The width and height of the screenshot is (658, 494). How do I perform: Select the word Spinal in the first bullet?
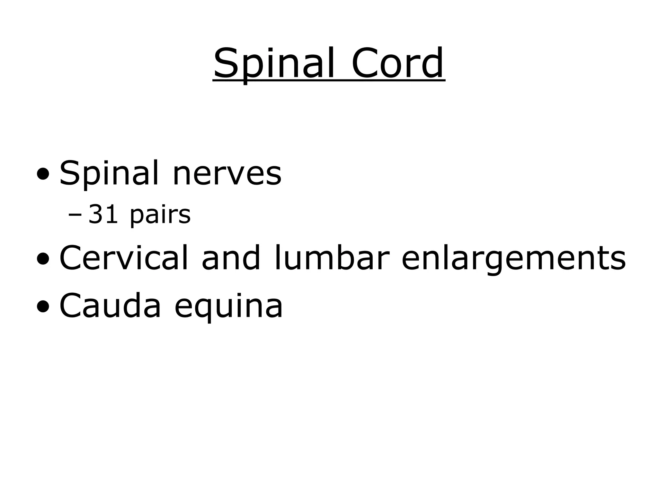tap(109, 174)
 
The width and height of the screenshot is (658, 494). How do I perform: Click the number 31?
tap(103, 215)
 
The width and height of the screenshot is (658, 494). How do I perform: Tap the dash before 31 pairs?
tap(75, 215)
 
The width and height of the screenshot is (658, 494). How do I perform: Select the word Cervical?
tap(123, 258)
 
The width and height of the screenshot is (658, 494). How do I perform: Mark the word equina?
tap(228, 306)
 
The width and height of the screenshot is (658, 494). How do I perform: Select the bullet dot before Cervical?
tap(43, 260)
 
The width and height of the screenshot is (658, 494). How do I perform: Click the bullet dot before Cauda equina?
tap(43, 307)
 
